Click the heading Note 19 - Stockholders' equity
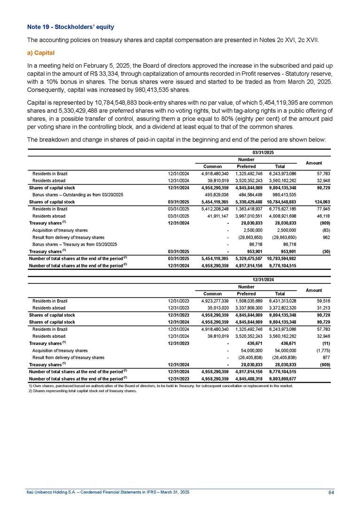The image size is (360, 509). (x=70, y=27)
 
